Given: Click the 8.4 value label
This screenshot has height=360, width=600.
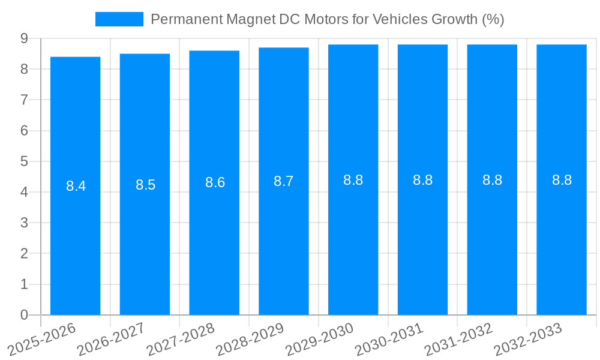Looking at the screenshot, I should click(76, 186).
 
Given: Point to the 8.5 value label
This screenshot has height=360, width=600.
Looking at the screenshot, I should click(145, 185).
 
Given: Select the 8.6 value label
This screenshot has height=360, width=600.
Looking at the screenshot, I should click(215, 183).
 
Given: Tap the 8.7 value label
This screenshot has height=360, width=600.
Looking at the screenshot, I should click(284, 181).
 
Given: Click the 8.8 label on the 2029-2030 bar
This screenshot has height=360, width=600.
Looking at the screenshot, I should click(353, 180).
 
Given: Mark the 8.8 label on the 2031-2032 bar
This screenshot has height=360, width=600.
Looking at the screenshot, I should click(492, 180).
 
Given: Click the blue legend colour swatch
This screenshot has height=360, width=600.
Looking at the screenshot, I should click(119, 19).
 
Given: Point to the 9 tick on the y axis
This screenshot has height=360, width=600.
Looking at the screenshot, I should click(24, 38).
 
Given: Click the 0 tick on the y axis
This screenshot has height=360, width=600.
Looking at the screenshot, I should click(24, 315).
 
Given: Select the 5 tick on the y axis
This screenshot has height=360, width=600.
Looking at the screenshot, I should click(24, 161).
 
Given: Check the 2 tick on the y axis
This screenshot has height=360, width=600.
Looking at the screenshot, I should click(24, 254).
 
